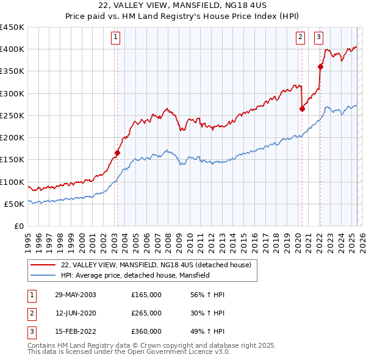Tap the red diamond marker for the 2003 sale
pos(118,153)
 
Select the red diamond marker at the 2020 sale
pos(302,109)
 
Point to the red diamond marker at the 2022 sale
pos(320,67)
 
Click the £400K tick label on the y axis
pos(12,49)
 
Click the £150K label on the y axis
pos(12,160)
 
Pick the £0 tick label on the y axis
pos(19,226)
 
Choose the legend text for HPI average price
pos(135,276)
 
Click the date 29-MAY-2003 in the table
pos(76,295)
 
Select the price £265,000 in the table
pos(146,313)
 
